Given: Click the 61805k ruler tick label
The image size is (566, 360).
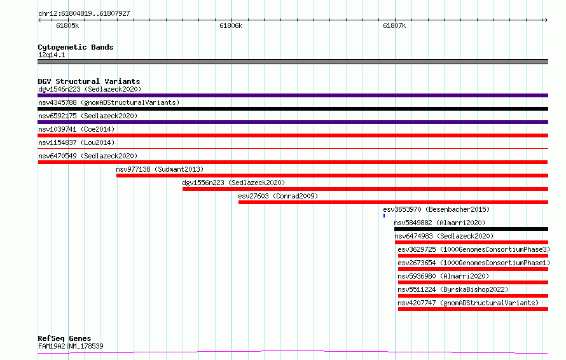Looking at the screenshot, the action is coord(67,25).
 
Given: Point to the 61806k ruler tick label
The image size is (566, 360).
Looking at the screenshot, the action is coord(231,25).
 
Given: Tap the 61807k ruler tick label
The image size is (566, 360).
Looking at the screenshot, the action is coord(394,25).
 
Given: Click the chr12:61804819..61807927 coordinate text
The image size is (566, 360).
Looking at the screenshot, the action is coord(84,13).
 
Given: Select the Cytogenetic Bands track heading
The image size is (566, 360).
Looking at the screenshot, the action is coord(76,47).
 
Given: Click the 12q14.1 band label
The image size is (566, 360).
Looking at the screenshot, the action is coord(52,55).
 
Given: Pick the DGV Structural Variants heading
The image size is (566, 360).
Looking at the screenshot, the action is coord(89,81).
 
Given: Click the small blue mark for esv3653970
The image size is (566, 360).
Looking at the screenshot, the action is coord(384,216).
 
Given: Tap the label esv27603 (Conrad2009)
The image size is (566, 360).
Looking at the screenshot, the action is coord(278,196).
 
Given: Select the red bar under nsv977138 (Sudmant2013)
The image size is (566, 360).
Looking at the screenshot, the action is coord(332,176).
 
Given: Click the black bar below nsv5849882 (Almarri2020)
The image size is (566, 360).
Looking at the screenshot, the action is coord(471,229).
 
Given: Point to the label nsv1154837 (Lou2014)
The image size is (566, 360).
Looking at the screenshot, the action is coord(76,142).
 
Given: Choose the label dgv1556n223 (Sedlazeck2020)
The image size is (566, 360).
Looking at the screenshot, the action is coord(233,183).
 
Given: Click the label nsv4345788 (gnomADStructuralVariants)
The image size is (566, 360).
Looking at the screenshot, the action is coord(109,102).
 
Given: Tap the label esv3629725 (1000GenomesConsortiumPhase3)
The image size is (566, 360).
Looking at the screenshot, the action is coord(474,249).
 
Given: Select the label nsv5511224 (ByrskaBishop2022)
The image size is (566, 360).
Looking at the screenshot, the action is coord(453,289).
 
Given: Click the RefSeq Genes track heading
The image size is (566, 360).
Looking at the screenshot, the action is coord(64,338).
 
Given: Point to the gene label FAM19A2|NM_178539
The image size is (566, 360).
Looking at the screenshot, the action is coord(71,346).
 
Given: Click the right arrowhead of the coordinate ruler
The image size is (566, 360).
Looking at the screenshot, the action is coord(546,20).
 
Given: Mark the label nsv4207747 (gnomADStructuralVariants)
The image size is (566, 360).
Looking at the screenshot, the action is coord(468,303).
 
